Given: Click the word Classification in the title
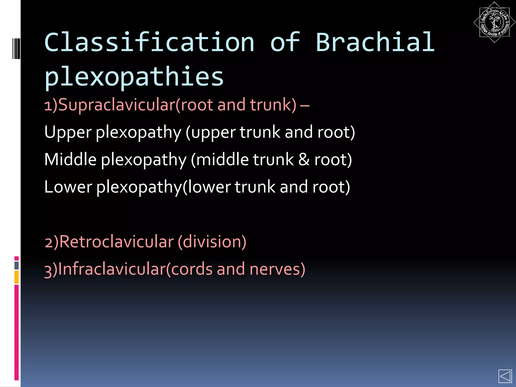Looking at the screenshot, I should point(149,43).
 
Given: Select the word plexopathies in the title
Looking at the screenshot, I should point(134,77).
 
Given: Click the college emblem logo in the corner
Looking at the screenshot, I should point(494,22).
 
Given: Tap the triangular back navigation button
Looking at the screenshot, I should point(505,376).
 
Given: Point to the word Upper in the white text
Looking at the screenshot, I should point(68,133).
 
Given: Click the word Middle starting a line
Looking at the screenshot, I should point(70,160).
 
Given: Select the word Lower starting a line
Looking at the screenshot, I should point(68,187).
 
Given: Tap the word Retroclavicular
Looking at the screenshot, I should point(116,242).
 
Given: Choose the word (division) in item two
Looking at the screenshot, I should point(212,242).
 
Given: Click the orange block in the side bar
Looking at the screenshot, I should point(17,277).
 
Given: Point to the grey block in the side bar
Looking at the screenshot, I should point(17,266).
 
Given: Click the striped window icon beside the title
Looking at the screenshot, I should point(16,48).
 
